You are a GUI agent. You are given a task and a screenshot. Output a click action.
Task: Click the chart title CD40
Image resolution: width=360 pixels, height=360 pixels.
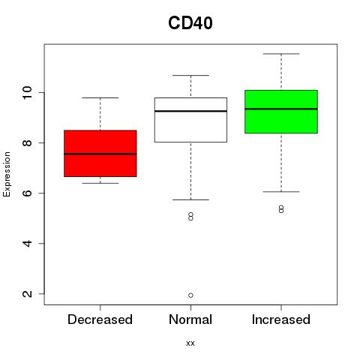(x=190, y=23)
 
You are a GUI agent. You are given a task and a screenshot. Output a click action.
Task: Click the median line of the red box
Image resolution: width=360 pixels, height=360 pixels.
(x=100, y=154)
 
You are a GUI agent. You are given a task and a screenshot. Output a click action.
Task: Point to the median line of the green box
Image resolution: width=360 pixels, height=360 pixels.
(x=281, y=109)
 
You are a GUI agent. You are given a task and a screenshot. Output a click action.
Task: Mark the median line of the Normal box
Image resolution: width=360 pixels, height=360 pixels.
(x=190, y=111)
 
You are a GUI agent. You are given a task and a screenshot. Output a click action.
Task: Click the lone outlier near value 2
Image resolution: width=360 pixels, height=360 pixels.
(x=190, y=295)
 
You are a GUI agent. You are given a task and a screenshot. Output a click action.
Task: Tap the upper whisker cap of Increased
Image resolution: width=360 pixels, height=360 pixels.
(x=281, y=54)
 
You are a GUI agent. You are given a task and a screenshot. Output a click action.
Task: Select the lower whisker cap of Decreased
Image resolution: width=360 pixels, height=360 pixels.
(x=100, y=183)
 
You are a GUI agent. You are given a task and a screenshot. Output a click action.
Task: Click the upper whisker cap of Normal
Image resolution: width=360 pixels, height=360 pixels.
(x=190, y=75)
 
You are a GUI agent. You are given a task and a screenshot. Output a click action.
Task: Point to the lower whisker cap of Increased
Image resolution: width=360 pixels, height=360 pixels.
(x=281, y=192)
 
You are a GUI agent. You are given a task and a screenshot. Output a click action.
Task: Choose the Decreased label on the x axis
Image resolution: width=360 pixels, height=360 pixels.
(x=100, y=319)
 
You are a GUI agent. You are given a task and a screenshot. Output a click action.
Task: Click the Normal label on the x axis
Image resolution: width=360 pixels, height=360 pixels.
(x=190, y=319)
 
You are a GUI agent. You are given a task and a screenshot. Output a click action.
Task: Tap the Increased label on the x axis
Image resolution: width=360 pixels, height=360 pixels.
(x=281, y=319)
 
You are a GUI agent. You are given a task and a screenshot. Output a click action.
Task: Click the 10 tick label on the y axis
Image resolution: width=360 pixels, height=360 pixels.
(x=27, y=92)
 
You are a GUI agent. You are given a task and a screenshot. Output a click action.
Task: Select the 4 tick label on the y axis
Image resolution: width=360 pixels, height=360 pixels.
(x=27, y=243)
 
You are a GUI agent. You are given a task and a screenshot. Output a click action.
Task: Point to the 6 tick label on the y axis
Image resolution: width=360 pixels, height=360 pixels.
(x=27, y=193)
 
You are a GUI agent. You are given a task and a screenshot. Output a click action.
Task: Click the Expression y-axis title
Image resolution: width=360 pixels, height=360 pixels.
(x=7, y=174)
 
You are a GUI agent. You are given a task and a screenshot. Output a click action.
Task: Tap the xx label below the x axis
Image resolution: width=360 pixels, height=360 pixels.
(x=190, y=343)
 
